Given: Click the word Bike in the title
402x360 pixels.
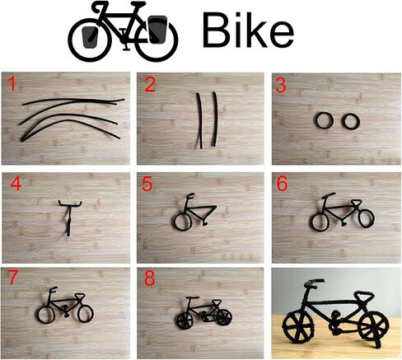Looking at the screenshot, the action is click(248, 30).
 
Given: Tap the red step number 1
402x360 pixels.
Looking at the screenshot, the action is click(12, 84).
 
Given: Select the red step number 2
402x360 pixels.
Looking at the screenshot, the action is click(150, 85).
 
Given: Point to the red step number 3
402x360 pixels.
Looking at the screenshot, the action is click(281, 85).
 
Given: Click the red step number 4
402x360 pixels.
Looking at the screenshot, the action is click(16, 184).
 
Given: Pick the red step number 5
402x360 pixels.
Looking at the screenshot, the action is click(147, 184).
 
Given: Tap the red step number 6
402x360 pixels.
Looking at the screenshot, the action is click(282, 184).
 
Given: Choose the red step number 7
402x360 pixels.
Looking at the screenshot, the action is click(13, 278).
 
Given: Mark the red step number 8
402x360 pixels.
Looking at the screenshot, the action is click(150, 279).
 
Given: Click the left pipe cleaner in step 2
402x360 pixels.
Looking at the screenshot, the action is click(200, 121).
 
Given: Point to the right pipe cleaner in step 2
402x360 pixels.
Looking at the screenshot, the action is click(216, 119).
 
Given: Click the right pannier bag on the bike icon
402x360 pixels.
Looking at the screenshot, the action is click(157, 30).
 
